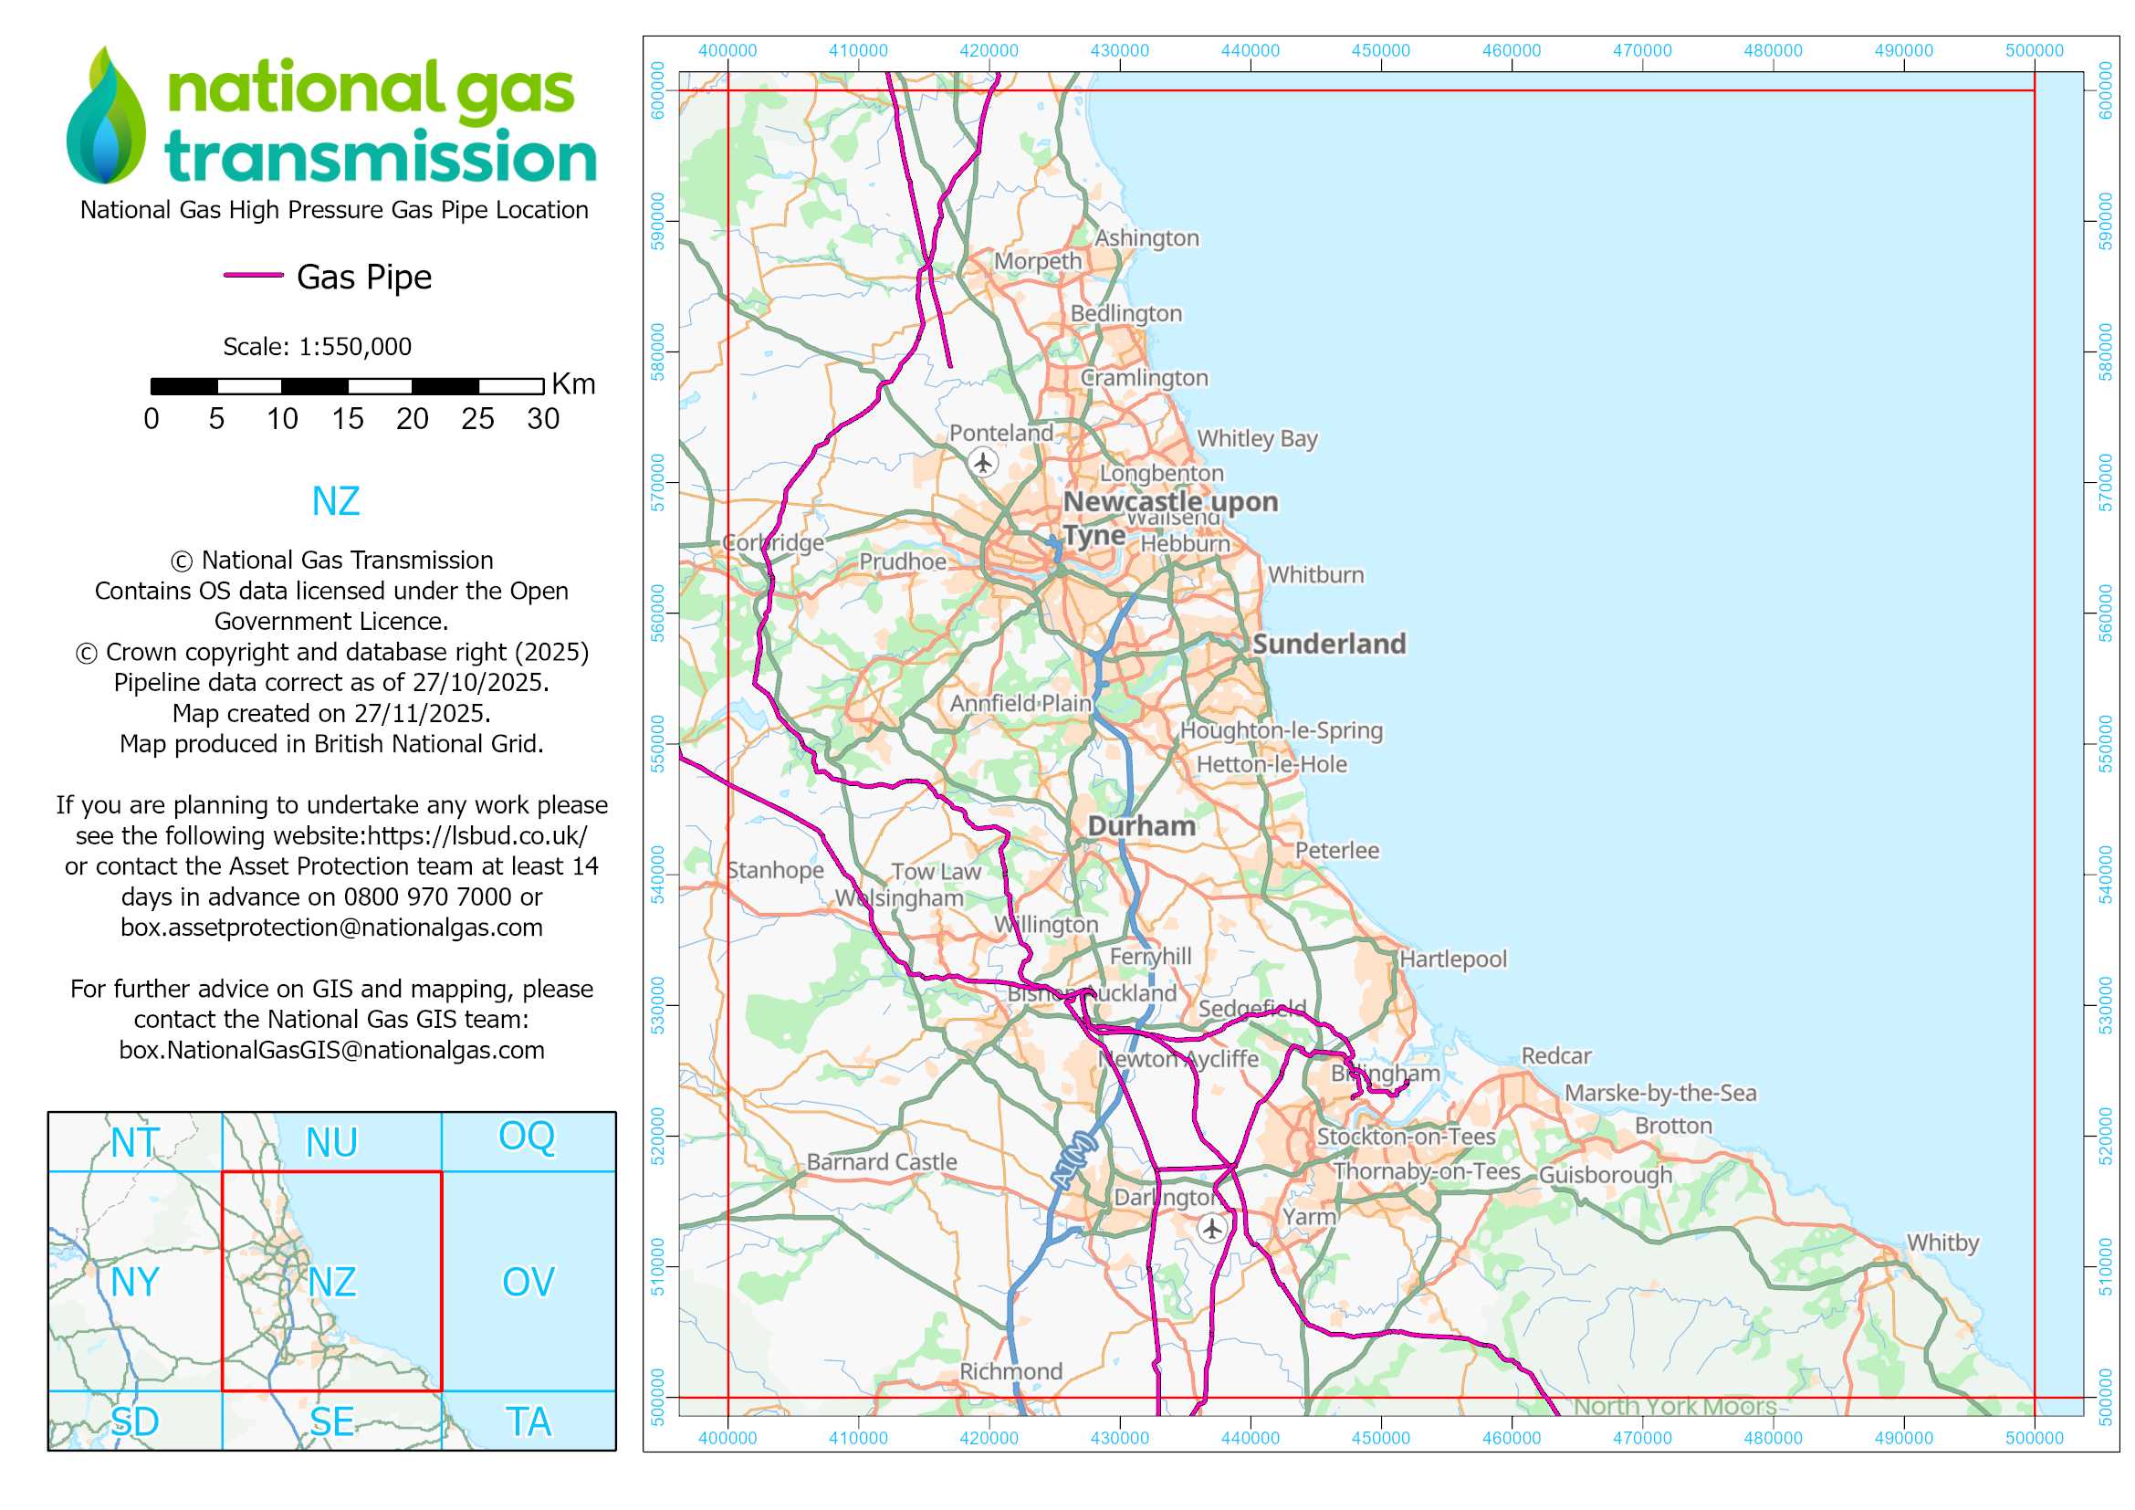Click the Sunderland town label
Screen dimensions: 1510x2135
[1329, 644]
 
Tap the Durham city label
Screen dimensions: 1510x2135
[1142, 825]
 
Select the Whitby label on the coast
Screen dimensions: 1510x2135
[1942, 1243]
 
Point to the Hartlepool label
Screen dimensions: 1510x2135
[1452, 959]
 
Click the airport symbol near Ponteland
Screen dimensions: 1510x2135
[983, 461]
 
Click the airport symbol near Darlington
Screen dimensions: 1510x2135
[1210, 1228]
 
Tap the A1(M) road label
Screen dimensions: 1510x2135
[1074, 1160]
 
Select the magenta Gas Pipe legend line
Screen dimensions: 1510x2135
[253, 275]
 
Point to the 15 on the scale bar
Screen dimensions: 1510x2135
[347, 419]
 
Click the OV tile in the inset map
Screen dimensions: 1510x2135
[529, 1282]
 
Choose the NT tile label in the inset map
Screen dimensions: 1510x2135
[135, 1143]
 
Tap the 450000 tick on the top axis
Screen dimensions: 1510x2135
[1381, 50]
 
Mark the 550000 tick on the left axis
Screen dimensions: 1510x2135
[658, 744]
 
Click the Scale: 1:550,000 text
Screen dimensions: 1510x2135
[317, 347]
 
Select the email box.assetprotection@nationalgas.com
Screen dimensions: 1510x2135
[332, 928]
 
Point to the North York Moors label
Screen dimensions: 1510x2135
[1674, 1407]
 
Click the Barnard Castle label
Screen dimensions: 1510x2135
[882, 1162]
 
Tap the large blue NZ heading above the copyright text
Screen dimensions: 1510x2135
[335, 501]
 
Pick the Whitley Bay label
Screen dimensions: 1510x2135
[1256, 438]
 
